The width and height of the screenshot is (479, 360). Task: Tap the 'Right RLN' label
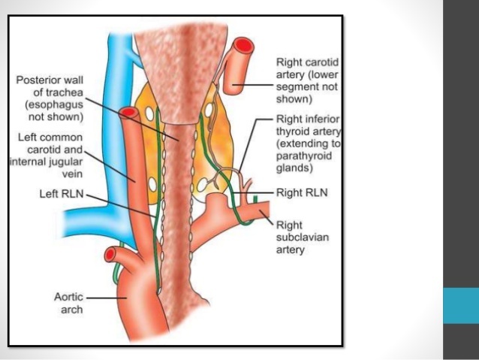[x=299, y=192]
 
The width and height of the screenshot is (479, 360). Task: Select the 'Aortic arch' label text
[x=73, y=303]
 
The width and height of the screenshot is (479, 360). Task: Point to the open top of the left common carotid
[x=128, y=113]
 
